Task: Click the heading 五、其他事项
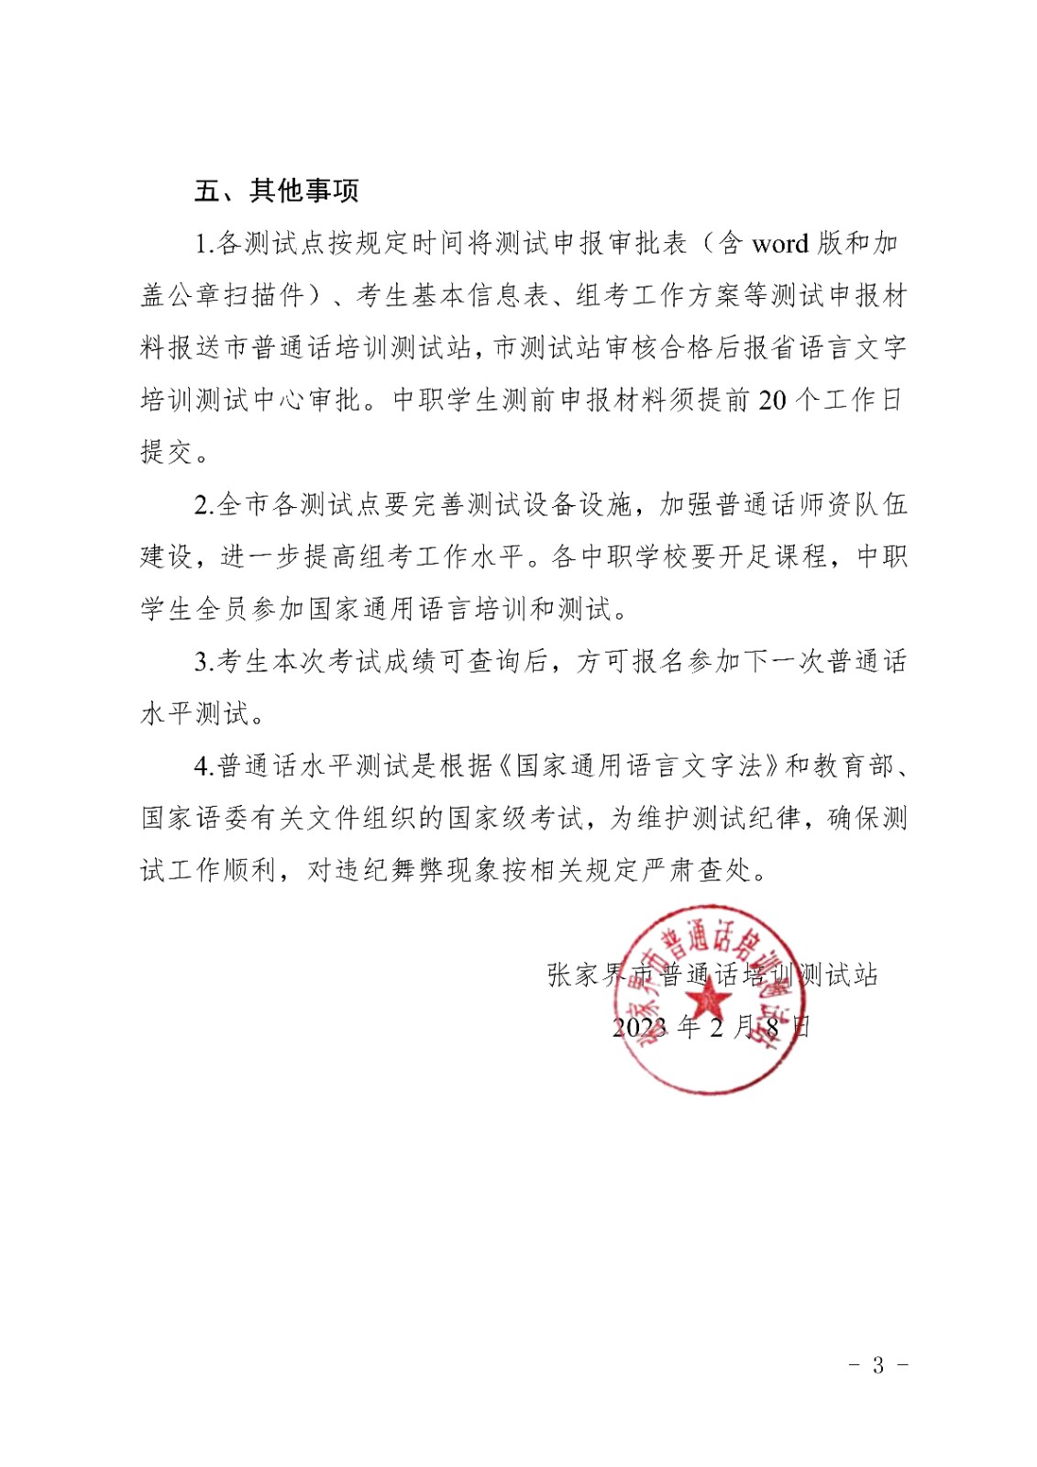tap(276, 191)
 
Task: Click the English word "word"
tap(780, 244)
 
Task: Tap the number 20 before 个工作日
tap(772, 401)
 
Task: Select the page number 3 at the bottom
tap(877, 1365)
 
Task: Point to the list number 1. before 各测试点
tap(204, 244)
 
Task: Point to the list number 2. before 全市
tap(204, 505)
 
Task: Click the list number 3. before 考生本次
tap(204, 662)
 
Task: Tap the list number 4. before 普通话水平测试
tap(204, 767)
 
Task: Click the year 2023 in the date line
tap(640, 1027)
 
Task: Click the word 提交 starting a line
tap(167, 453)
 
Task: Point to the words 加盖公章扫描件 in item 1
tap(223, 296)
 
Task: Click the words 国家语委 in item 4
tap(194, 819)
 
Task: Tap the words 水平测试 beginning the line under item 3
tap(194, 714)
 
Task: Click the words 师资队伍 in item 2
tap(853, 505)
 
